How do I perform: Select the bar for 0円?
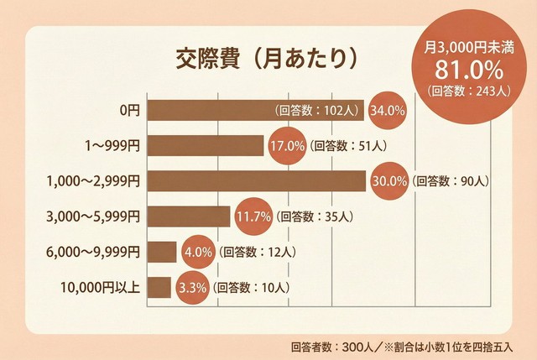[210, 110]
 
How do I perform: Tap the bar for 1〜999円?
[206, 145]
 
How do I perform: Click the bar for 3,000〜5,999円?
[189, 217]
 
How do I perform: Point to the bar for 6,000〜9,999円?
[162, 252]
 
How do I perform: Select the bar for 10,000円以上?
[159, 287]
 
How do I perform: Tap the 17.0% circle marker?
[286, 145]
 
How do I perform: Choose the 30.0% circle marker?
[388, 180]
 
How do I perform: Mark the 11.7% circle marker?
[253, 217]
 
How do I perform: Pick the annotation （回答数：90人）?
[452, 180]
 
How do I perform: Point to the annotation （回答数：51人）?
[348, 145]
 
